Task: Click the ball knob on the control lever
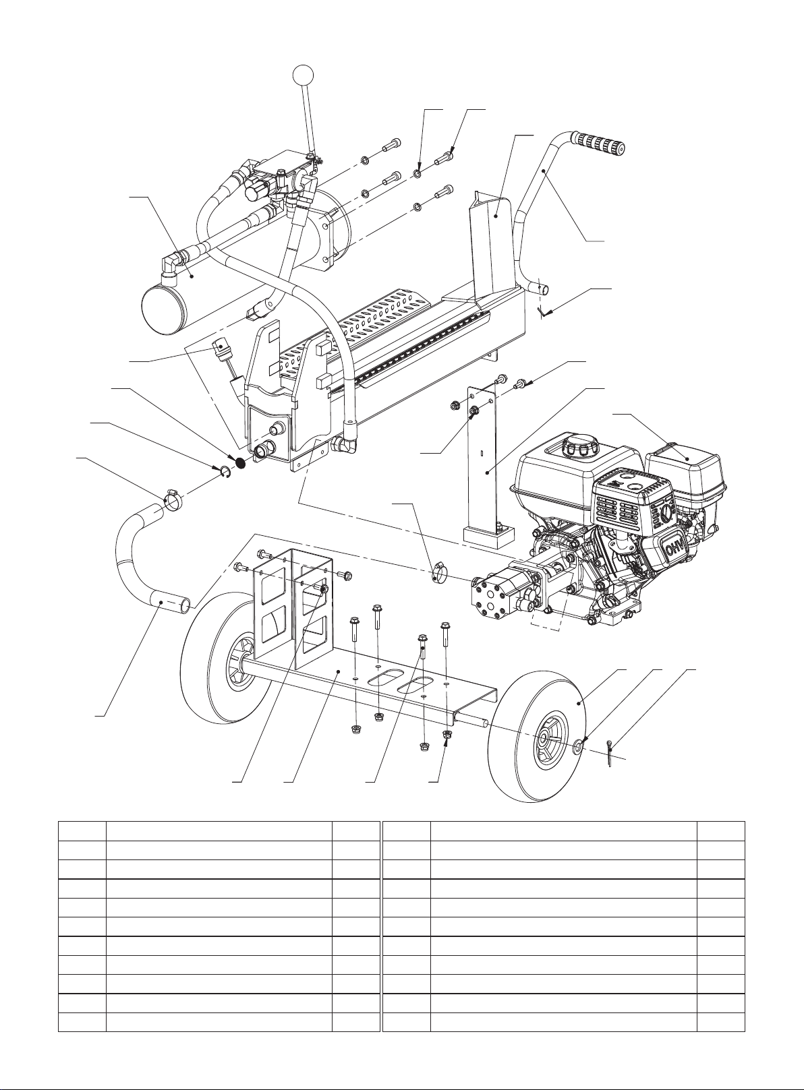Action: tap(304, 75)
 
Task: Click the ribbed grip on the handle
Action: tap(598, 144)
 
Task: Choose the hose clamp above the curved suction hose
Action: tap(173, 499)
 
